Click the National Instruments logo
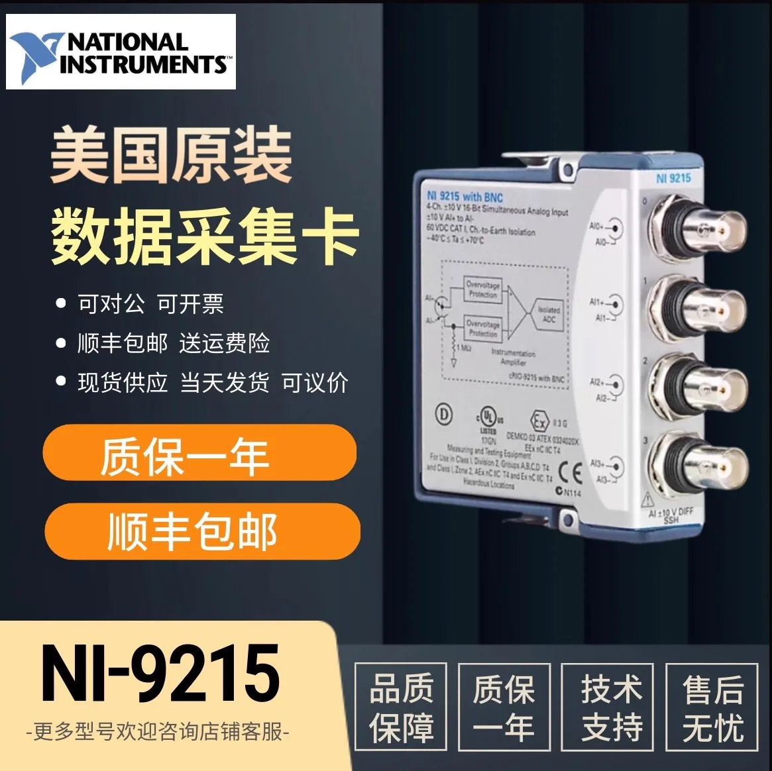[121, 52]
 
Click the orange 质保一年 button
[199, 454]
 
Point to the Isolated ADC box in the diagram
[548, 314]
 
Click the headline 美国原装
[171, 156]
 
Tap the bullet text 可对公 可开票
[150, 304]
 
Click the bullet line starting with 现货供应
[212, 383]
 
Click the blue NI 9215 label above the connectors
[673, 178]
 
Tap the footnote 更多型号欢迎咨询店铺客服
[158, 733]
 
